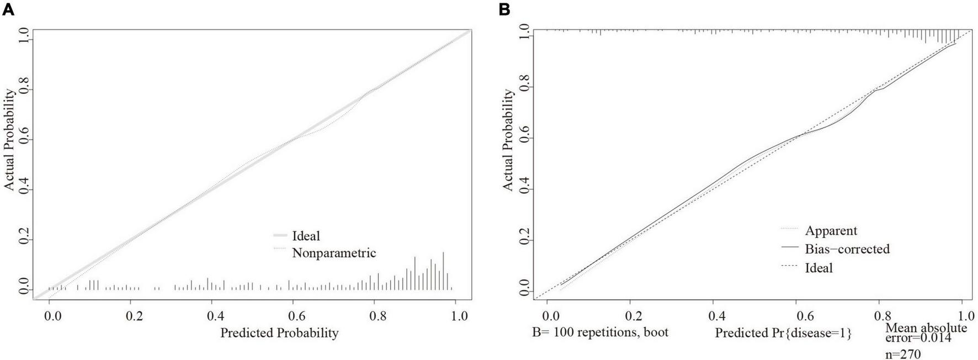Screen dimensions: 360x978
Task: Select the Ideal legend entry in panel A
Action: click(x=306, y=236)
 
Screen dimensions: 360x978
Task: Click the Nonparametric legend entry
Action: click(x=333, y=253)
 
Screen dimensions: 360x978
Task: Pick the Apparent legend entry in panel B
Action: click(x=831, y=230)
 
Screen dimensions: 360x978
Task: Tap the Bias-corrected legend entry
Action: click(x=847, y=249)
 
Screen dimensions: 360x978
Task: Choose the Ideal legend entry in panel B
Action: click(x=818, y=268)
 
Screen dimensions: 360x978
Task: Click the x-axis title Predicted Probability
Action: click(x=279, y=332)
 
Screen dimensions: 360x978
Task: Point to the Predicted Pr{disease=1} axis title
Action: click(x=783, y=333)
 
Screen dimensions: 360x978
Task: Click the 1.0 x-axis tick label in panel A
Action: click(x=459, y=316)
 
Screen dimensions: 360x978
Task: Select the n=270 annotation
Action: click(x=903, y=354)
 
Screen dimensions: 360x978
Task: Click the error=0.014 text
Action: click(x=919, y=338)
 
